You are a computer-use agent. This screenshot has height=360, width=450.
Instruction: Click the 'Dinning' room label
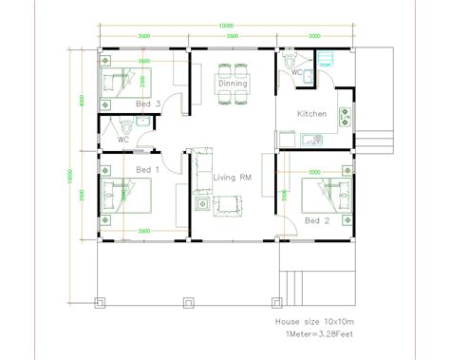[232, 84]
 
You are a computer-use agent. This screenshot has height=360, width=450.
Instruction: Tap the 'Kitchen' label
[312, 114]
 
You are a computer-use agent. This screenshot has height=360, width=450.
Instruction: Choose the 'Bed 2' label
[317, 220]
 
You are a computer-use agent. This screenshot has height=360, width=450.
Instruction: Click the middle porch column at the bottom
[188, 303]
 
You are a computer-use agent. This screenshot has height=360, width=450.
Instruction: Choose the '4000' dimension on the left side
[83, 99]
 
